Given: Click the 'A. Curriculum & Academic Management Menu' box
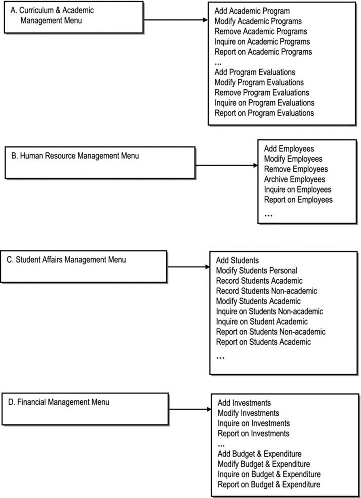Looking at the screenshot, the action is click(74, 17).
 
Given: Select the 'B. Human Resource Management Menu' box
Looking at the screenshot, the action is click(100, 162).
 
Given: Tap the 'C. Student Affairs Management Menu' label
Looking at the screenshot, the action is click(66, 260).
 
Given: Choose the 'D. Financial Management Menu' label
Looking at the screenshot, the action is click(59, 402).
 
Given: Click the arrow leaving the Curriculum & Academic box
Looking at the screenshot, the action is click(175, 20).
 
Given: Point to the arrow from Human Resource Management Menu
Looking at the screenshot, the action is click(226, 165).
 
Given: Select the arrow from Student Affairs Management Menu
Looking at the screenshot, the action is click(188, 267).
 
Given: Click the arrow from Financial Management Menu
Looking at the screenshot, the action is click(190, 409).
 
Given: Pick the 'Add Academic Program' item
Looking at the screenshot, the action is click(252, 11).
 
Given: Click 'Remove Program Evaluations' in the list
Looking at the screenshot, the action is click(262, 92).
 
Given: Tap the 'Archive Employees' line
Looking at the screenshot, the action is click(295, 179).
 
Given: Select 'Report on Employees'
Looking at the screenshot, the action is click(298, 200).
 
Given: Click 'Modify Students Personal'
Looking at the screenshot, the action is click(257, 271).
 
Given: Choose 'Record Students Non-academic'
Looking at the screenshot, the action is click(267, 291).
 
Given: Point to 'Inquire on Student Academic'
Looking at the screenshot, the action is click(262, 321).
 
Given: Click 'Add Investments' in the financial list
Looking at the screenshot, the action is click(244, 403).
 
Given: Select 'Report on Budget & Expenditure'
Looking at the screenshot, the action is click(269, 484).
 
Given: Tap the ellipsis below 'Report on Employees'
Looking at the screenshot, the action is click(268, 216).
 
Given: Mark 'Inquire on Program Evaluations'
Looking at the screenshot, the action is click(264, 103).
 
